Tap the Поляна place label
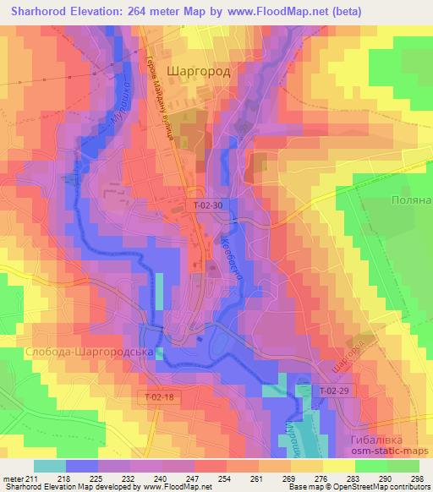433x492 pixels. coord(410,200)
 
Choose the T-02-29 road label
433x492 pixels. coord(336,390)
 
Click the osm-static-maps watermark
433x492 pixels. coord(387,455)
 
